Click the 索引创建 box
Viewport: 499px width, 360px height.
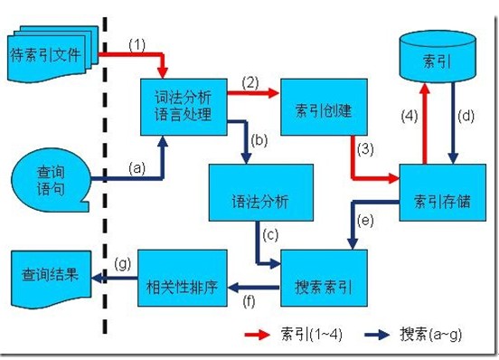324,109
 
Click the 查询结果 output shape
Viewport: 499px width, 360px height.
50,274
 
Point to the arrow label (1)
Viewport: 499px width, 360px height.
137,43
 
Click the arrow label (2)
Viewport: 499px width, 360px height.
250,81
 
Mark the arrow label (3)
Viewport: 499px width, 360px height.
364,147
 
